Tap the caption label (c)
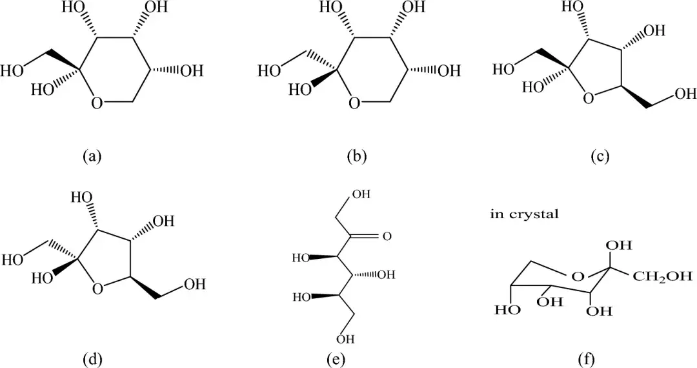point(600,156)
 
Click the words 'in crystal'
point(524,214)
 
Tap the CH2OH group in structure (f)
point(662,277)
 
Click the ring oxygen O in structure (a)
point(97,103)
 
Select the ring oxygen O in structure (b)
point(354,103)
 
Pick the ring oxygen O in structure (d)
point(97,289)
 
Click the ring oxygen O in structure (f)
point(579,277)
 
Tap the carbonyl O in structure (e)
point(387,236)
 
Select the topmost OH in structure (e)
point(361,196)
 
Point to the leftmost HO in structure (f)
point(508,310)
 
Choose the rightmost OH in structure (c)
point(685,95)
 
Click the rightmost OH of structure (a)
point(191,71)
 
